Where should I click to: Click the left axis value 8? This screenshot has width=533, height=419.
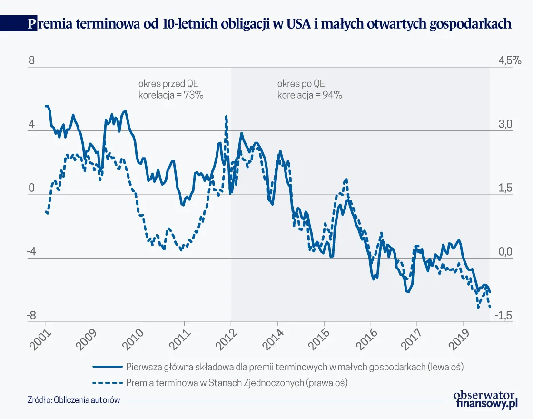click(x=31, y=61)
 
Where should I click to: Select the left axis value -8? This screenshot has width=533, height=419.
click(x=31, y=316)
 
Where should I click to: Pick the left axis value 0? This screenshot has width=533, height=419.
click(x=31, y=188)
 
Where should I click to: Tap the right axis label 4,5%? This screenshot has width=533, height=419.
click(x=510, y=61)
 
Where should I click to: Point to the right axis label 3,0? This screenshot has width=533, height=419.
click(x=504, y=124)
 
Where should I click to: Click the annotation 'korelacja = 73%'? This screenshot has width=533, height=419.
click(x=171, y=95)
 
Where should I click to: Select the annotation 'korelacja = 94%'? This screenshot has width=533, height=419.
click(x=310, y=95)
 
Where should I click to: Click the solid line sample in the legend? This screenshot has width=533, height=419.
click(x=108, y=367)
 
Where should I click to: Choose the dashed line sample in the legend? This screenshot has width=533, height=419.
click(x=108, y=382)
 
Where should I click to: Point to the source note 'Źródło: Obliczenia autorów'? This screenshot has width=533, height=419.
click(x=74, y=400)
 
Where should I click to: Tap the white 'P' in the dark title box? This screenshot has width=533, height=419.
click(x=31, y=24)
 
